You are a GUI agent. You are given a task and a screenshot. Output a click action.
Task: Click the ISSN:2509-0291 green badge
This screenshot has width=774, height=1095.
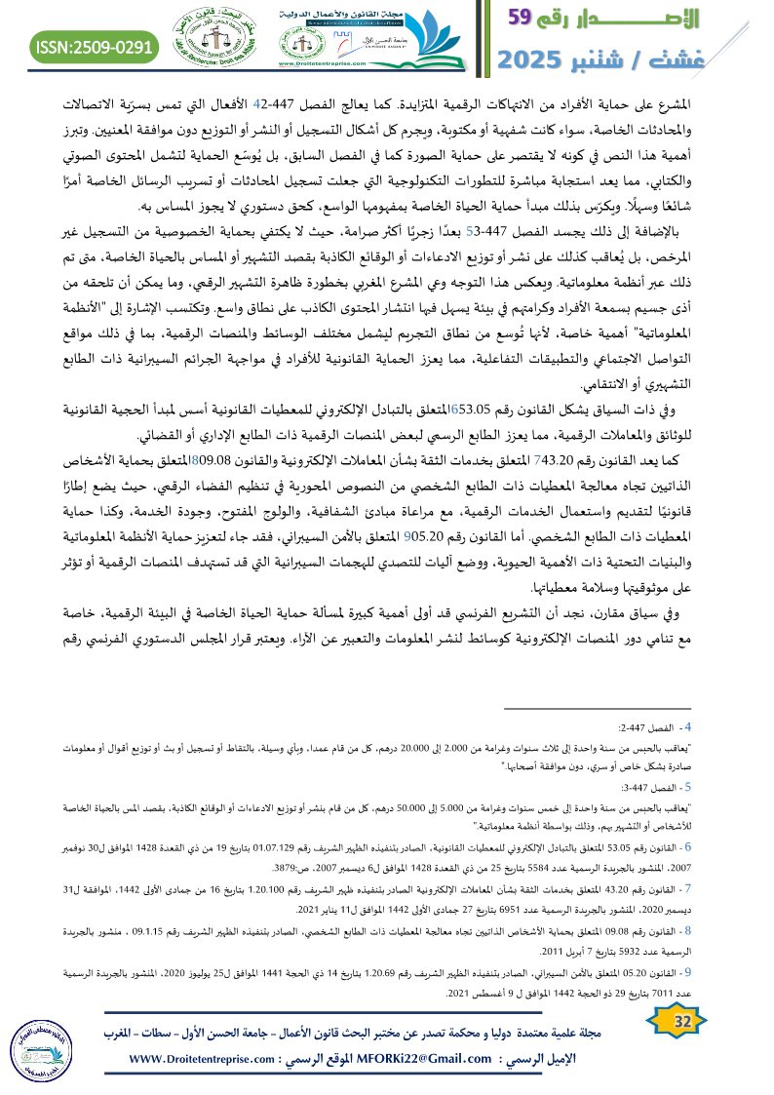pos(94,47)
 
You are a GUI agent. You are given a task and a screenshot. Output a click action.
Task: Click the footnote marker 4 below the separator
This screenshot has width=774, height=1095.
pos(688,727)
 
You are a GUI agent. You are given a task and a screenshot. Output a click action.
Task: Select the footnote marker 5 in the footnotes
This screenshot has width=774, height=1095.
pos(688,786)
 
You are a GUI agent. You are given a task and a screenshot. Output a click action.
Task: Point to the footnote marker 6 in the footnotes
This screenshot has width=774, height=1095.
pos(688,844)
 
